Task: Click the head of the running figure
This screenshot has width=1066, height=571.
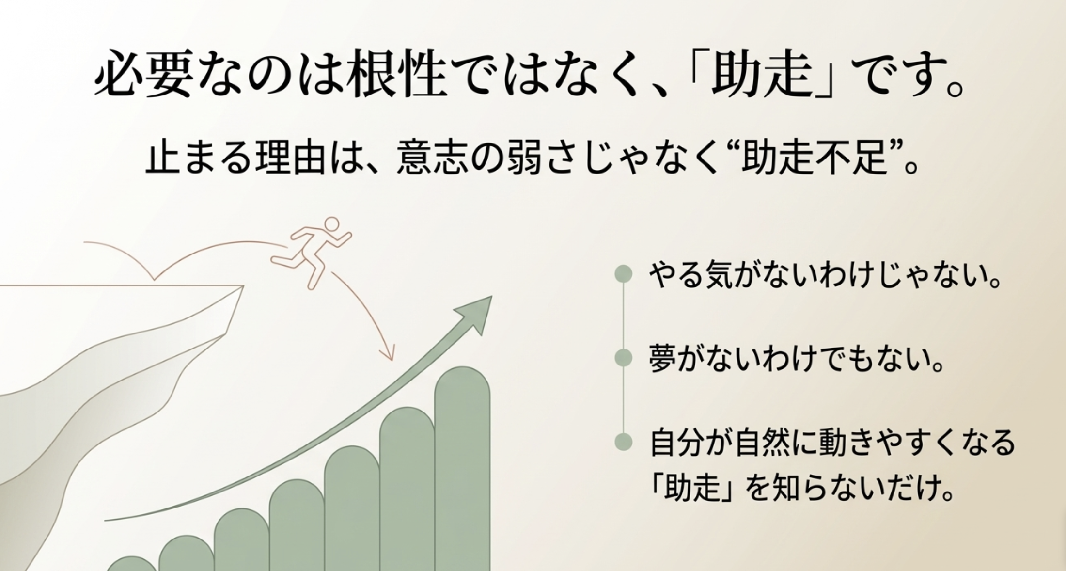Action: [332, 224]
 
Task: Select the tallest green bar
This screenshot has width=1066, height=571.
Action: [462, 465]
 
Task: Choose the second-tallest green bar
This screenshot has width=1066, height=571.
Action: [407, 485]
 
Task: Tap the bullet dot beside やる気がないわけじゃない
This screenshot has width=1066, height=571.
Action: [624, 274]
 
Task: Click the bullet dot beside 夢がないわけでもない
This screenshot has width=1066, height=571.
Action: [624, 358]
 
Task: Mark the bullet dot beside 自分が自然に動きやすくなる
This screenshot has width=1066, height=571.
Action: [624, 442]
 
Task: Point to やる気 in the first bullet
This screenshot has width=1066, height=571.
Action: [691, 275]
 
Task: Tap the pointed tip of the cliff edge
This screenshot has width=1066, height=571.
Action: [242, 286]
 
